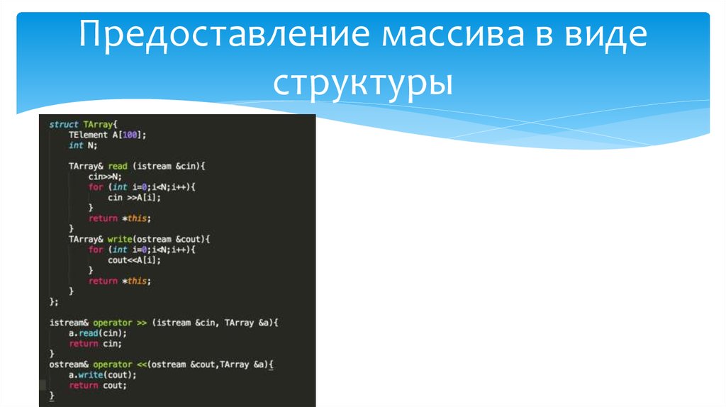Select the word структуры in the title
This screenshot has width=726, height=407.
point(363,83)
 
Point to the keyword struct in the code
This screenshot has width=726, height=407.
point(64,124)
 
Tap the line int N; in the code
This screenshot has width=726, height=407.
point(82,145)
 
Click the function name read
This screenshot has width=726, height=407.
point(118,166)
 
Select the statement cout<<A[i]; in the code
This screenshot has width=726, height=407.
point(135,260)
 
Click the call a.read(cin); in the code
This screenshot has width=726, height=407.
point(98,333)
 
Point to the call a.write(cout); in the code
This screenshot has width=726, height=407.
point(102,375)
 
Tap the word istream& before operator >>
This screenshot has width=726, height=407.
point(69,323)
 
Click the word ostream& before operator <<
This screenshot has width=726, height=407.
point(69,364)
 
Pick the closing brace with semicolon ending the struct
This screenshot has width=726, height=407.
point(53,301)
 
